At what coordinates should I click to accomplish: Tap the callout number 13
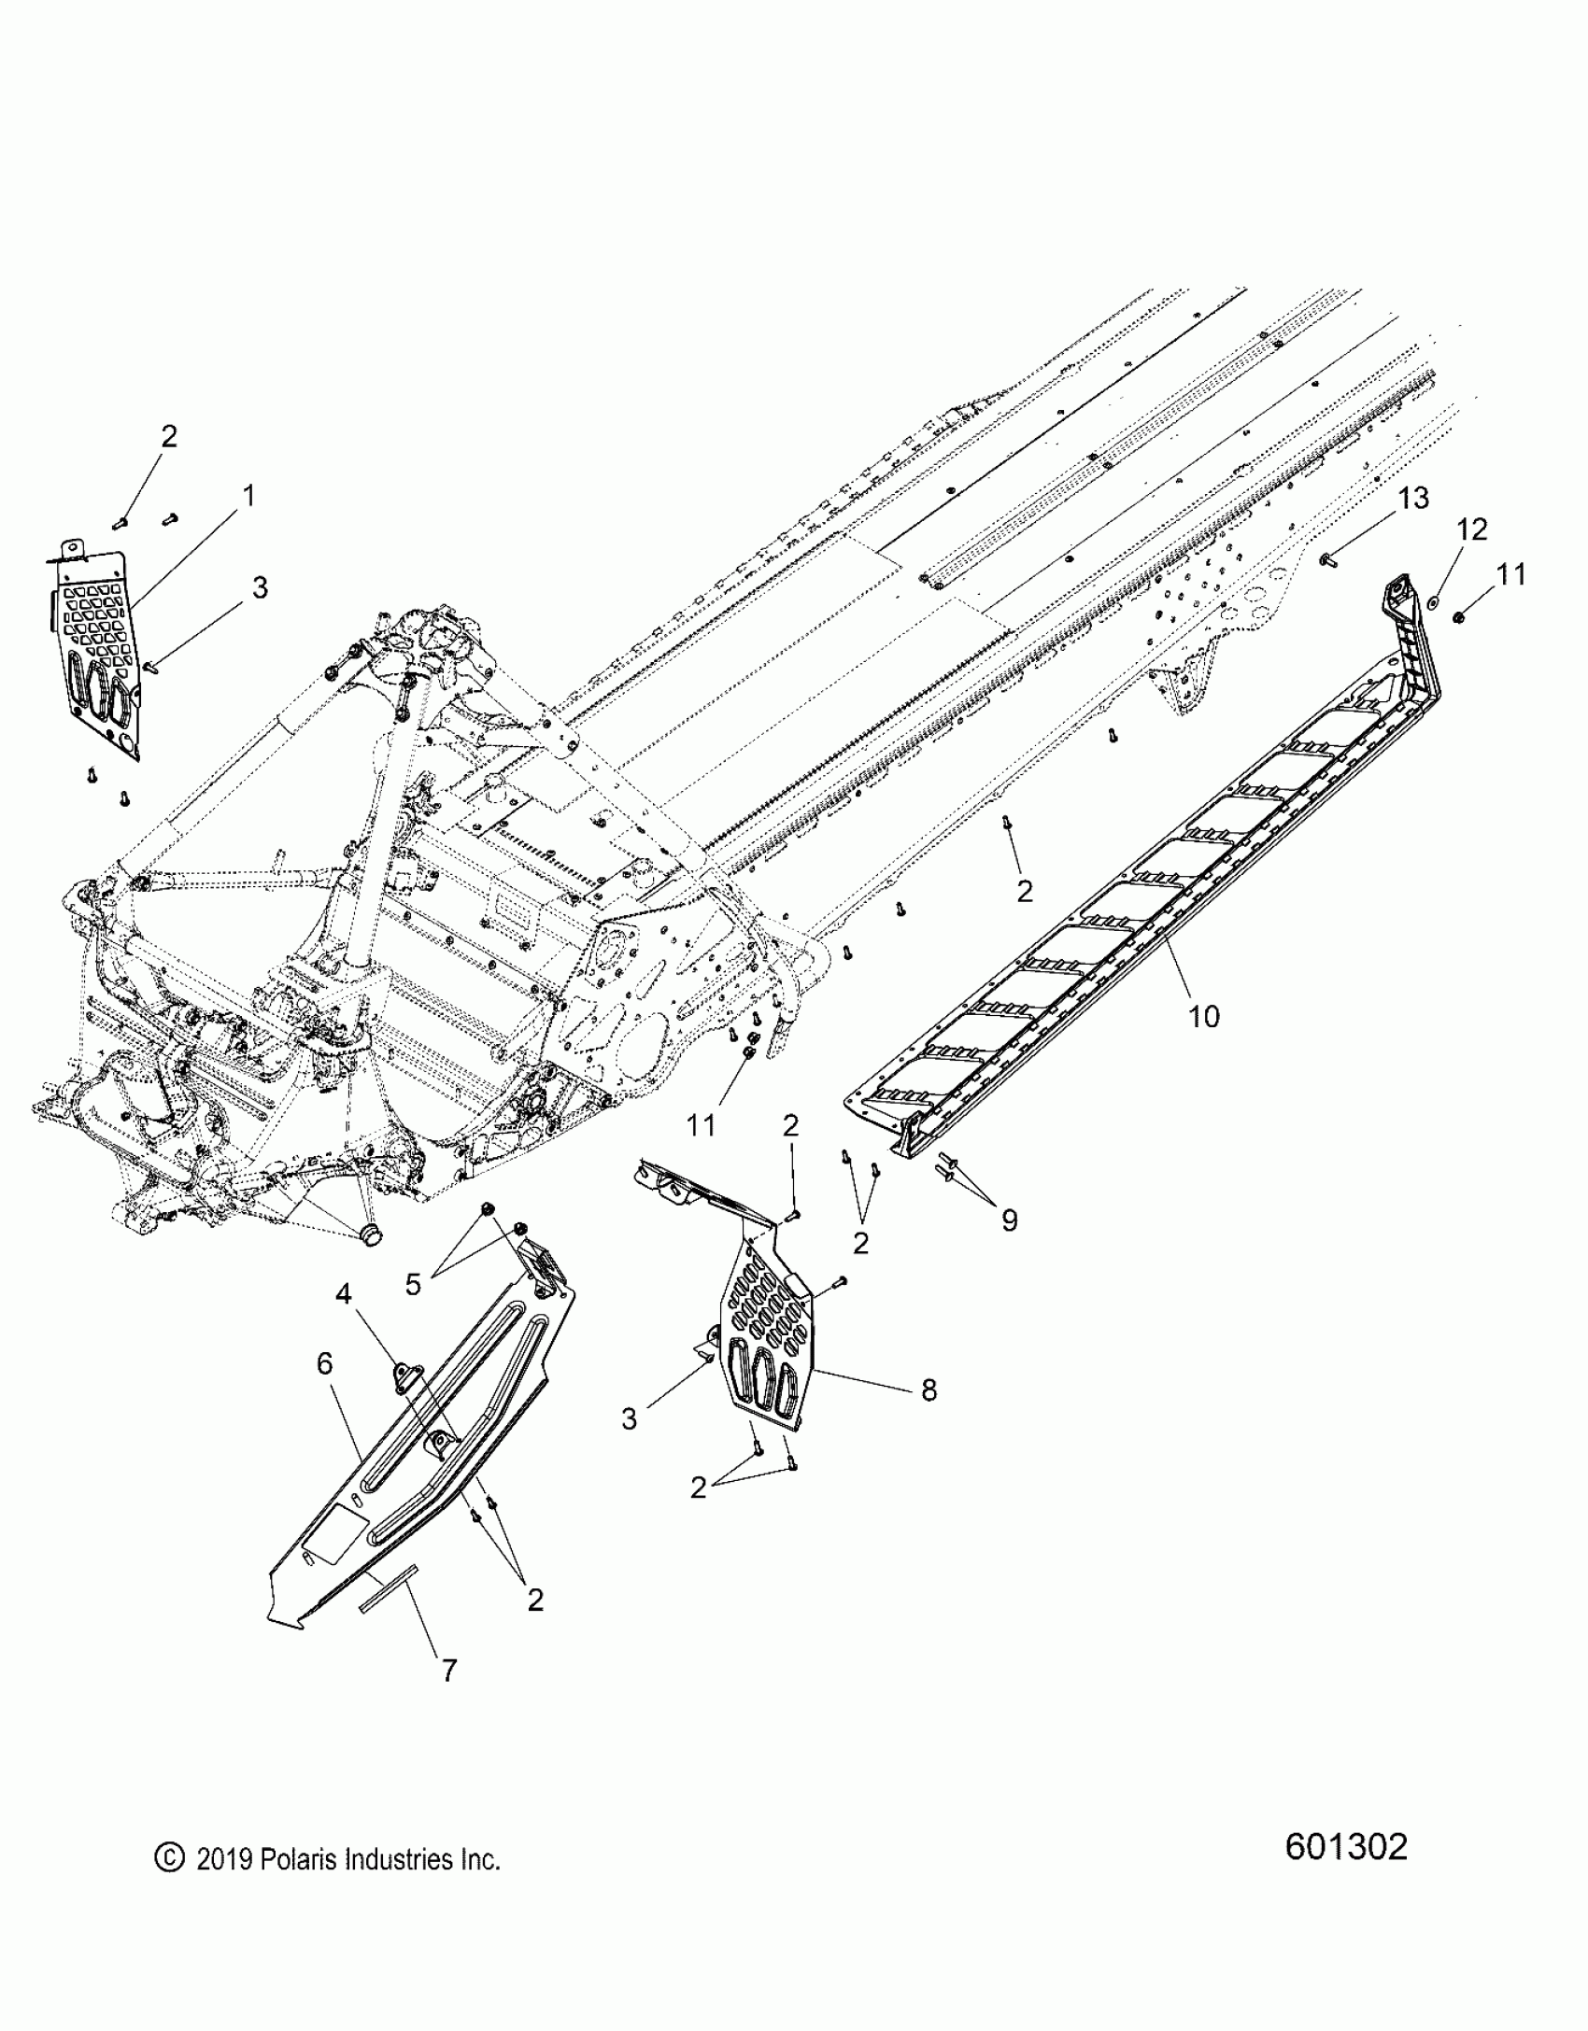[1414, 499]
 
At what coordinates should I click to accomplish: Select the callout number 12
[1471, 530]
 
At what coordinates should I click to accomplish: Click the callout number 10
[1204, 1016]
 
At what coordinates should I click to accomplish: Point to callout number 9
[1009, 1220]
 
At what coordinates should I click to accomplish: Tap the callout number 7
[449, 1671]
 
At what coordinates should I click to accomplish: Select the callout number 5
[413, 1284]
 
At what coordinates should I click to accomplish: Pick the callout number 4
[344, 1293]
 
